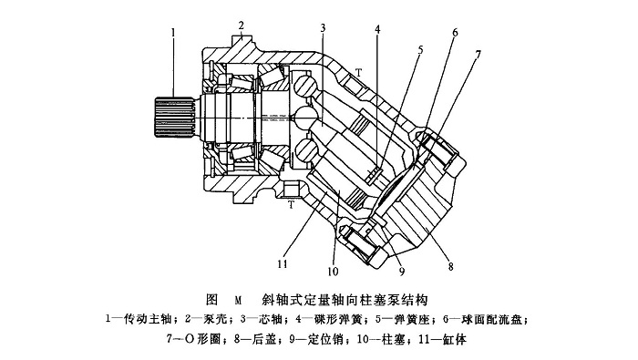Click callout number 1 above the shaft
point(174,32)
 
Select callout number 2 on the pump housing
point(242,26)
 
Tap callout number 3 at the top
point(323,28)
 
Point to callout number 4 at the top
point(378,30)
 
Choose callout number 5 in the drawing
point(421,50)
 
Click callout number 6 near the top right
point(455,33)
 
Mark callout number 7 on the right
point(478,54)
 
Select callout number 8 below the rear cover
point(451,266)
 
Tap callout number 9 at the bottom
point(402,272)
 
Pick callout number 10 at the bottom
point(333,272)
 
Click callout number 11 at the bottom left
point(283,264)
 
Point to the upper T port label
point(358,72)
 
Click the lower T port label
point(292,205)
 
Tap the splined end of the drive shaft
point(174,118)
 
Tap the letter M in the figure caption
point(238,301)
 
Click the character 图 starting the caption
point(212,300)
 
